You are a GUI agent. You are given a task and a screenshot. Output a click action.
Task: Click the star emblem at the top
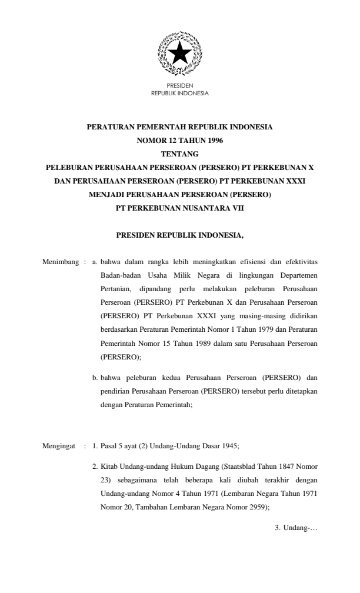(179, 55)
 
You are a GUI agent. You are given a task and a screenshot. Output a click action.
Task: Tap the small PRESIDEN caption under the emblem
(179, 87)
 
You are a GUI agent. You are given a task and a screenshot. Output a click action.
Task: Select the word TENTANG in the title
(179, 154)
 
